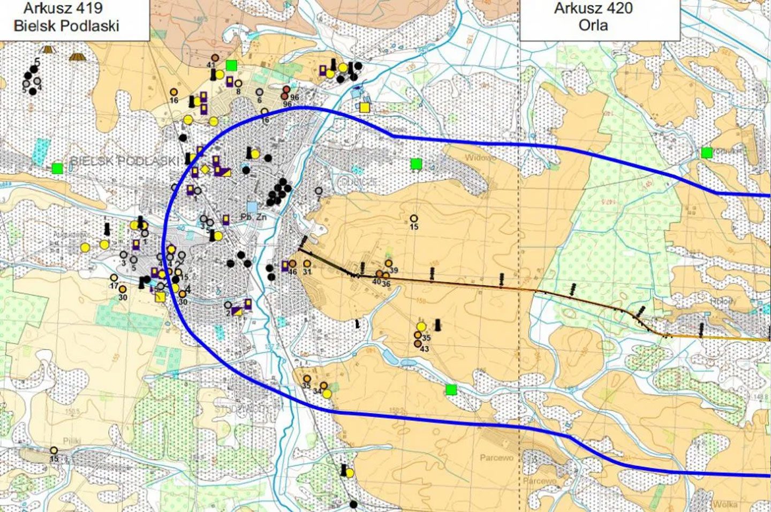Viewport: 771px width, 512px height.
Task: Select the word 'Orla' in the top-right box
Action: click(593, 25)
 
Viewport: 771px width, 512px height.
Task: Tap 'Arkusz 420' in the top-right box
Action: click(593, 9)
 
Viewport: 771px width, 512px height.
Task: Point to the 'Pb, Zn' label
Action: click(253, 217)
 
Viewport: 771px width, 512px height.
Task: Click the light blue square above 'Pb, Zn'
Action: click(252, 206)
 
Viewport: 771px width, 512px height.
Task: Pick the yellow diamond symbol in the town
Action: click(205, 170)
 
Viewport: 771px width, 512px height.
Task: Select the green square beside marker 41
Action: click(231, 65)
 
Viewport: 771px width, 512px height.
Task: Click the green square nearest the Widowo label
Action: click(416, 164)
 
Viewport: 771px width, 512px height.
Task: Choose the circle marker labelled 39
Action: click(389, 263)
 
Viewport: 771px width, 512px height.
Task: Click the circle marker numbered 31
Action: click(307, 263)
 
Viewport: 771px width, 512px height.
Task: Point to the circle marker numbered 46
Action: click(293, 263)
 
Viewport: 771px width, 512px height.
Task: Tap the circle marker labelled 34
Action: click(323, 386)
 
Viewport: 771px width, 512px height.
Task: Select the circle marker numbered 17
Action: click(114, 278)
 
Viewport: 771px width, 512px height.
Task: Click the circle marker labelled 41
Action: click(215, 57)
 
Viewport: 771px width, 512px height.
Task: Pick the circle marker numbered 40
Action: click(379, 274)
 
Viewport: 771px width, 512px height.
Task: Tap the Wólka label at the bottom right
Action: click(724, 504)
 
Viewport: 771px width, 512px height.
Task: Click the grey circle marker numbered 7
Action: click(319, 191)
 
